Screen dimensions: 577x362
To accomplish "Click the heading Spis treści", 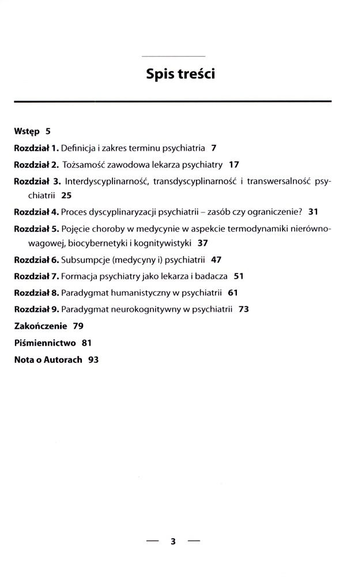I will pos(180,74).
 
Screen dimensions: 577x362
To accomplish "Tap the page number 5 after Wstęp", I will pos(48,131).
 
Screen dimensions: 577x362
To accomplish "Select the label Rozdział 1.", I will pos(36,148).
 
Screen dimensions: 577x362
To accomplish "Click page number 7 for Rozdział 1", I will pos(214,148).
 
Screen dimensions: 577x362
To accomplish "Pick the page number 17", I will pos(233,164).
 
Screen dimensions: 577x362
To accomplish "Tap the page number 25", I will pos(66,196).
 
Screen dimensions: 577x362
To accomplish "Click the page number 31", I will pos(314,212).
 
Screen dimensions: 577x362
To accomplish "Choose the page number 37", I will pos(202,243).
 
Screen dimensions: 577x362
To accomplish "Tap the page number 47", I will pos(217,260).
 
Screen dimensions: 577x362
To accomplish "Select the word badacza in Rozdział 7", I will pos(213,276).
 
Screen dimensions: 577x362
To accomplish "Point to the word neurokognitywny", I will pos(142,309).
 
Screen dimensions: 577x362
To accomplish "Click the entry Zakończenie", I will pos(40,326).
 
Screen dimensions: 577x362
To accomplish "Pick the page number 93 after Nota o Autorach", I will pos(93,359).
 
